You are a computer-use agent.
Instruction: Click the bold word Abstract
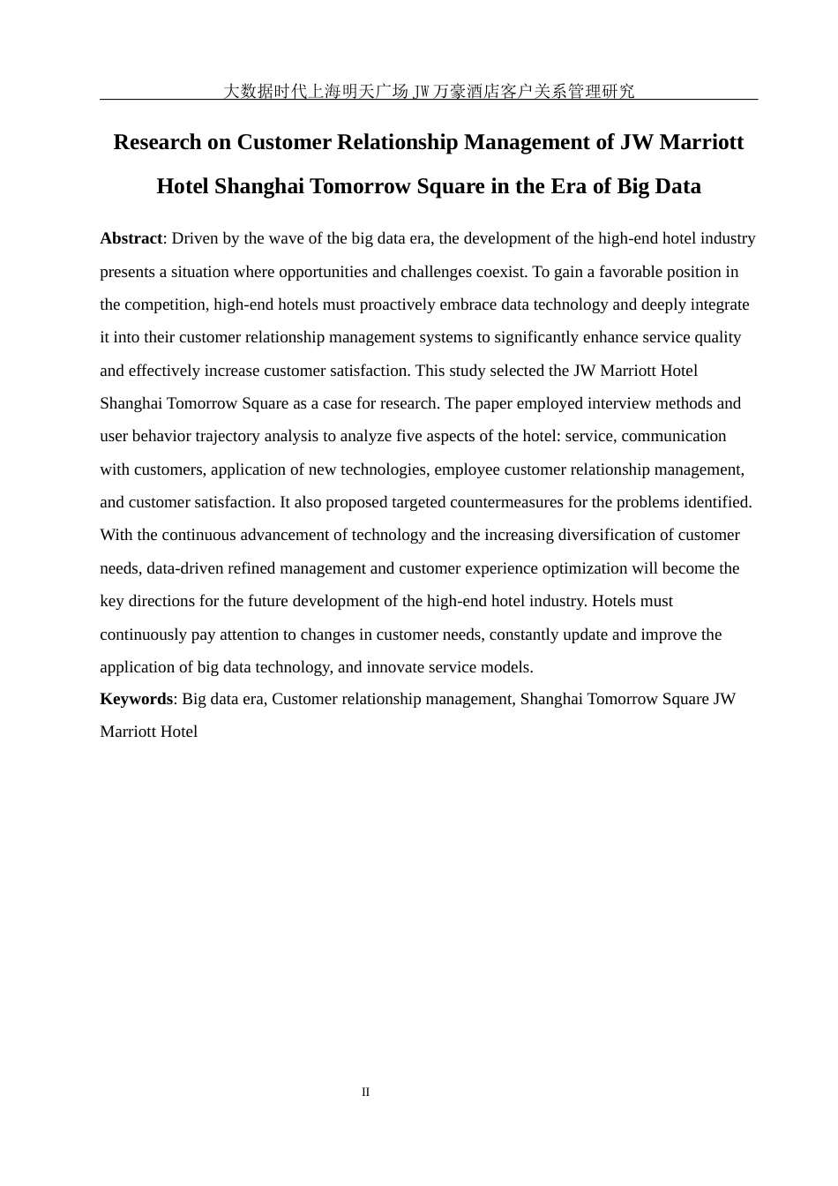(x=131, y=238)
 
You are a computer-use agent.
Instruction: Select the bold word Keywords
(x=136, y=699)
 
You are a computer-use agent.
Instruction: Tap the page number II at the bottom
(x=365, y=1092)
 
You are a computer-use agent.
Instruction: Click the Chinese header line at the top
(x=429, y=91)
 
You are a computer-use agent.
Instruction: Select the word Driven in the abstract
(x=194, y=238)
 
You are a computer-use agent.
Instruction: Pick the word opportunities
(x=343, y=272)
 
